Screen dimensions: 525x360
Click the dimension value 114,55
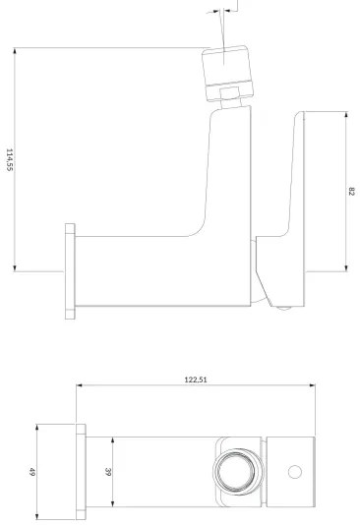click(10, 160)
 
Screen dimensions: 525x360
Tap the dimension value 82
click(351, 190)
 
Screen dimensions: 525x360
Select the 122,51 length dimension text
click(195, 379)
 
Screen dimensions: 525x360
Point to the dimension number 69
click(32, 472)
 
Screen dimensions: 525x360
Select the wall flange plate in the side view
click(70, 271)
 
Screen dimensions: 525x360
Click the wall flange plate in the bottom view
click(80, 472)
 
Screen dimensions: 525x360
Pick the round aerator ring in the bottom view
click(235, 472)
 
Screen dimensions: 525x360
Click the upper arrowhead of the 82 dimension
click(344, 115)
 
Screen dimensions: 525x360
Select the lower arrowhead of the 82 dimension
click(344, 268)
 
